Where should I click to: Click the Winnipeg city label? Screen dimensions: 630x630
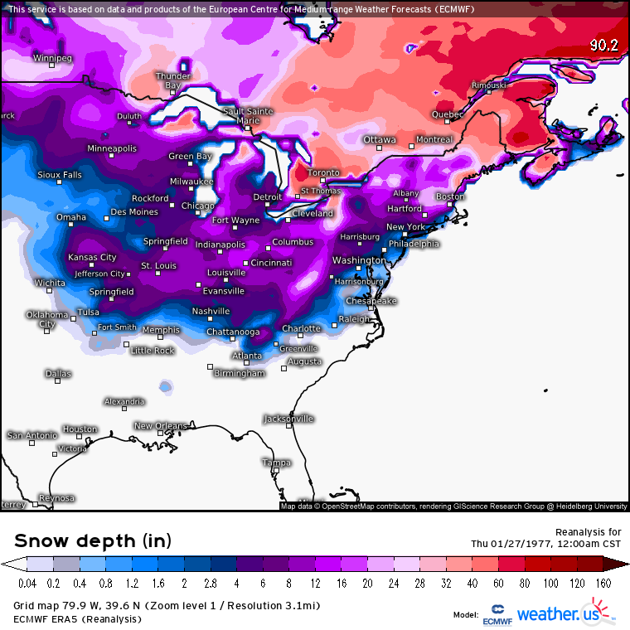52,58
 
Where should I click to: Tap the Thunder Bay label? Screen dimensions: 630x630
172,80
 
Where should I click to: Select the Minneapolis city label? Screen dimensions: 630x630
112,148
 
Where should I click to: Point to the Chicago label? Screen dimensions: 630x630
197,206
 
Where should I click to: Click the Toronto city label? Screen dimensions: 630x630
323,172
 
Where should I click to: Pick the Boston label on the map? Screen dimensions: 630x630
450,196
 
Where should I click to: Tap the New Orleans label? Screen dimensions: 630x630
161,426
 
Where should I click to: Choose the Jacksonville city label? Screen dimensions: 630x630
288,419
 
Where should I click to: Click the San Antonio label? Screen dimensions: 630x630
32,434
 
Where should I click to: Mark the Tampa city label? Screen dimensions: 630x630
276,463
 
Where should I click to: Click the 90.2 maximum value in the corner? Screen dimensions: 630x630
604,46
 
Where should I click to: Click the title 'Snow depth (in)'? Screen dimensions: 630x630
93,541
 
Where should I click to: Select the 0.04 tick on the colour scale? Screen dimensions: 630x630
27,584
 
